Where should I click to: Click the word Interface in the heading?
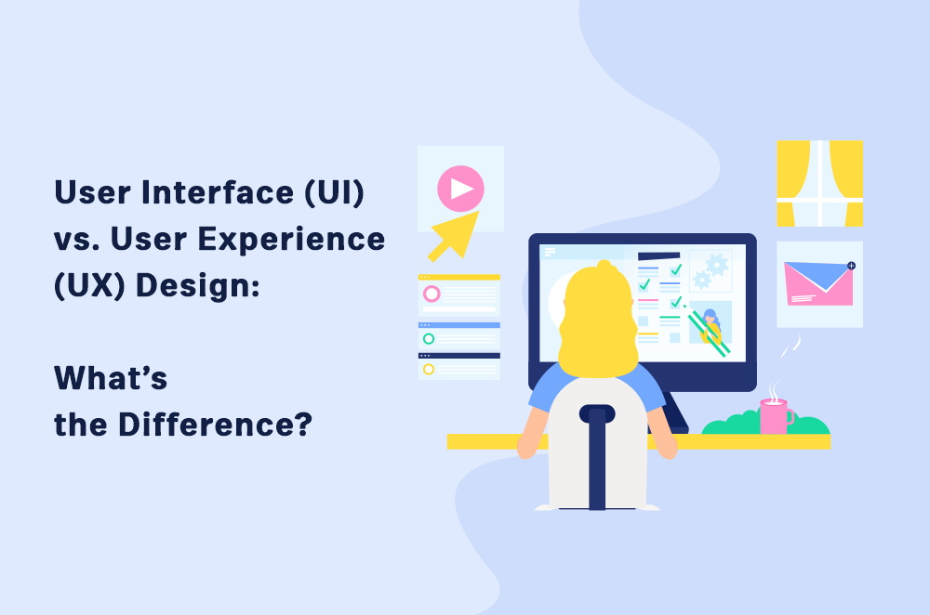(x=217, y=192)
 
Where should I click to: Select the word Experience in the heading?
(x=291, y=239)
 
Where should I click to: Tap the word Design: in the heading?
(x=198, y=285)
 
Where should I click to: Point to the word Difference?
(x=216, y=425)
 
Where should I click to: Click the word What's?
(x=111, y=377)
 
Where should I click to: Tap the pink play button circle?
(x=460, y=189)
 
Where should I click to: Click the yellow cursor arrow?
(x=453, y=237)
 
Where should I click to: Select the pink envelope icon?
(x=818, y=283)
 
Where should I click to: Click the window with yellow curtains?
(x=819, y=183)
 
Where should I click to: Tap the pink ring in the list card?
(x=432, y=294)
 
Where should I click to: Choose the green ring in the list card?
(x=428, y=339)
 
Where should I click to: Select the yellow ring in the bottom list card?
(x=428, y=369)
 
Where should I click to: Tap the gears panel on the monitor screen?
(x=710, y=270)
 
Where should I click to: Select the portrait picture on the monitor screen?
(x=710, y=323)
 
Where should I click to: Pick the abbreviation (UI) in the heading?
(x=335, y=192)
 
